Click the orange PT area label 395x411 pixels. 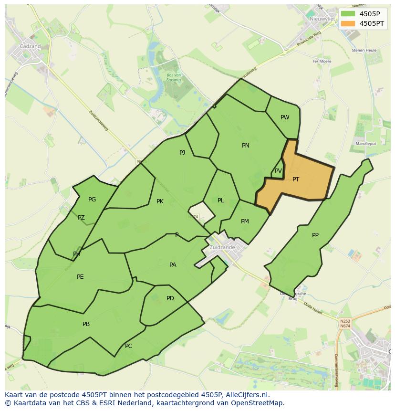tap(296, 179)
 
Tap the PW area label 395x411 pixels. tap(285, 117)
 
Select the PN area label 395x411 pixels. tap(246, 146)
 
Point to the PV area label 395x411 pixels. tap(278, 171)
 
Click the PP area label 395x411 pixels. tap(315, 235)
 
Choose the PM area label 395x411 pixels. tap(245, 221)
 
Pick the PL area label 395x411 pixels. tap(220, 200)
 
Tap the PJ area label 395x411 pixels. tap(182, 153)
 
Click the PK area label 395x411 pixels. tap(160, 201)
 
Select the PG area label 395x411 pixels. tap(92, 200)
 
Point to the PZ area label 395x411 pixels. tap(81, 218)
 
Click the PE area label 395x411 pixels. tap(80, 277)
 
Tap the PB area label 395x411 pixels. tap(86, 324)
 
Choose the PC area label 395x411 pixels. tap(128, 346)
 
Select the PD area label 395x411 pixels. tap(170, 298)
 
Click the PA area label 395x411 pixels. tap(173, 265)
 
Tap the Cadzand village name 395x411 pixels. tap(30, 46)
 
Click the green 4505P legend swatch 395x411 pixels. tap(348, 14)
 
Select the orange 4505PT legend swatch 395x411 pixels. tap(348, 23)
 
